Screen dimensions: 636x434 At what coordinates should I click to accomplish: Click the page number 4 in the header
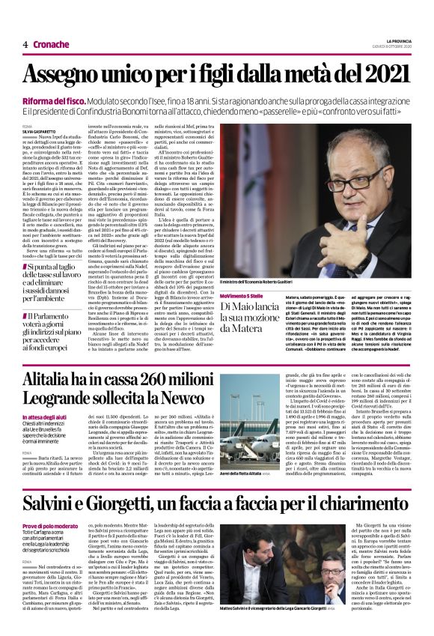[x=25, y=44]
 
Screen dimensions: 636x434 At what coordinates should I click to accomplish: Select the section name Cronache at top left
[x=51, y=44]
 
